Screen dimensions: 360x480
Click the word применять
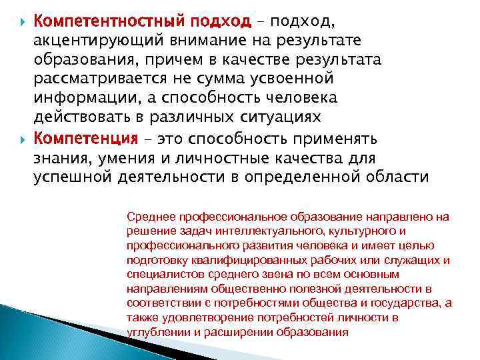point(344,139)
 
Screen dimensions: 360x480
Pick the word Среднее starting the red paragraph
point(148,217)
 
